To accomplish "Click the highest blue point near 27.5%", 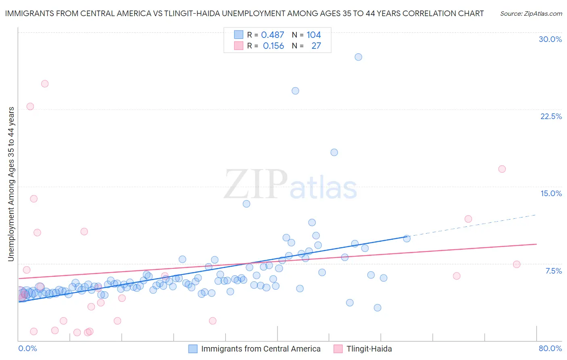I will click(x=358, y=57).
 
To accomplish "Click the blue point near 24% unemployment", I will click(x=295, y=91).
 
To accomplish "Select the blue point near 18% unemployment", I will click(x=334, y=152).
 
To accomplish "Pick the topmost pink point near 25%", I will click(x=45, y=84).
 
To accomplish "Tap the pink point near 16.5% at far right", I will click(x=502, y=169).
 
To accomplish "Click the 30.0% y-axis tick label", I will click(x=550, y=39).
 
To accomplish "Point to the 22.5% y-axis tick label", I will click(x=551, y=116).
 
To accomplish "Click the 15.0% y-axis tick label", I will click(x=551, y=193).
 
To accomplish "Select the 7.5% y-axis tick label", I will click(x=553, y=271).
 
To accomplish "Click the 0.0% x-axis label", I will click(x=27, y=348).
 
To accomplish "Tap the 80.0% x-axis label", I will click(x=550, y=348).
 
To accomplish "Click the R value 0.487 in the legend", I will click(x=273, y=35).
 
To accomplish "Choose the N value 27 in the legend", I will click(x=316, y=46).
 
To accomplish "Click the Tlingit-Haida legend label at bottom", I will click(x=369, y=349).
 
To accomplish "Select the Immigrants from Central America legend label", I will click(x=261, y=349).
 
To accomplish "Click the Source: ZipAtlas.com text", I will click(x=531, y=14).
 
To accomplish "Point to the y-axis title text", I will click(x=11, y=184).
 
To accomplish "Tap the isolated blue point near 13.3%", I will click(x=246, y=204).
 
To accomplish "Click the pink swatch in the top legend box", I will click(x=239, y=46).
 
